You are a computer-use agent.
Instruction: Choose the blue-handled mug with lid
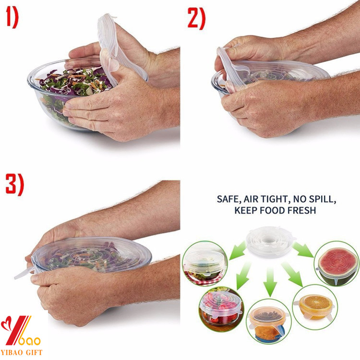point(268,322)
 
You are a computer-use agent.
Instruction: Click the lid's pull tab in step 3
point(22,274)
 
